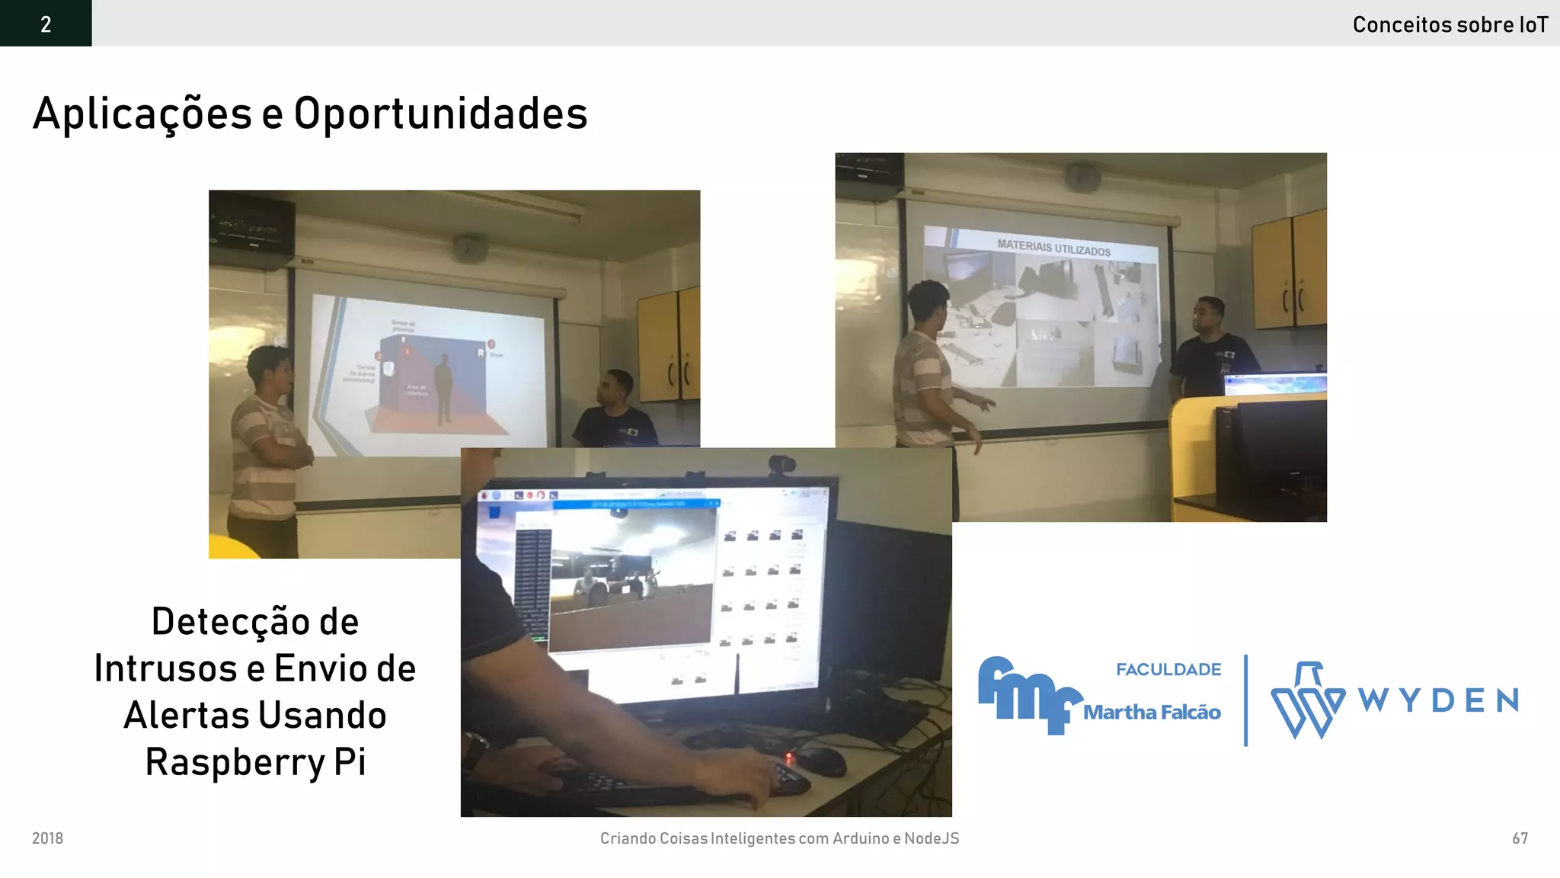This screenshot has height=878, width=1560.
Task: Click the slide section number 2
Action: (x=46, y=24)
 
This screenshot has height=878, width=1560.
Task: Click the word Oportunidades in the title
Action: (x=440, y=114)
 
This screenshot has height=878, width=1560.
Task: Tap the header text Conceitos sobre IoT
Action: (x=1450, y=25)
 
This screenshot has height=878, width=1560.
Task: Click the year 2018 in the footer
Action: (x=47, y=838)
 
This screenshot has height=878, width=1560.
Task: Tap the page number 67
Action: (x=1520, y=838)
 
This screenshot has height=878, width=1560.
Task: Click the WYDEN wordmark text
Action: (x=1438, y=700)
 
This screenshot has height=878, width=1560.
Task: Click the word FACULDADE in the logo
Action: (x=1168, y=669)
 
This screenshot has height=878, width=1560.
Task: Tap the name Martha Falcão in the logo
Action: (x=1152, y=713)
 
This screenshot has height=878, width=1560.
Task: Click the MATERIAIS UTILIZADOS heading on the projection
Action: (x=1053, y=247)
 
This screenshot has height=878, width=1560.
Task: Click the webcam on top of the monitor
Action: (x=782, y=463)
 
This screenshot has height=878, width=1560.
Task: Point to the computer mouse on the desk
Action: (x=818, y=759)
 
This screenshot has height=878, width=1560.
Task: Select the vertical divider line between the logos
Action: (x=1246, y=700)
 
